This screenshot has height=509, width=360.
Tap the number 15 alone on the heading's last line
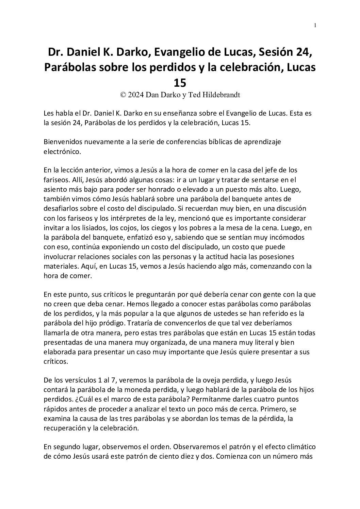coord(180,83)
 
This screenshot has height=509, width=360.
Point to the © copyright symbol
coord(123,95)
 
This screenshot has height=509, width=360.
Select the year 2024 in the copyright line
coord(135,95)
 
